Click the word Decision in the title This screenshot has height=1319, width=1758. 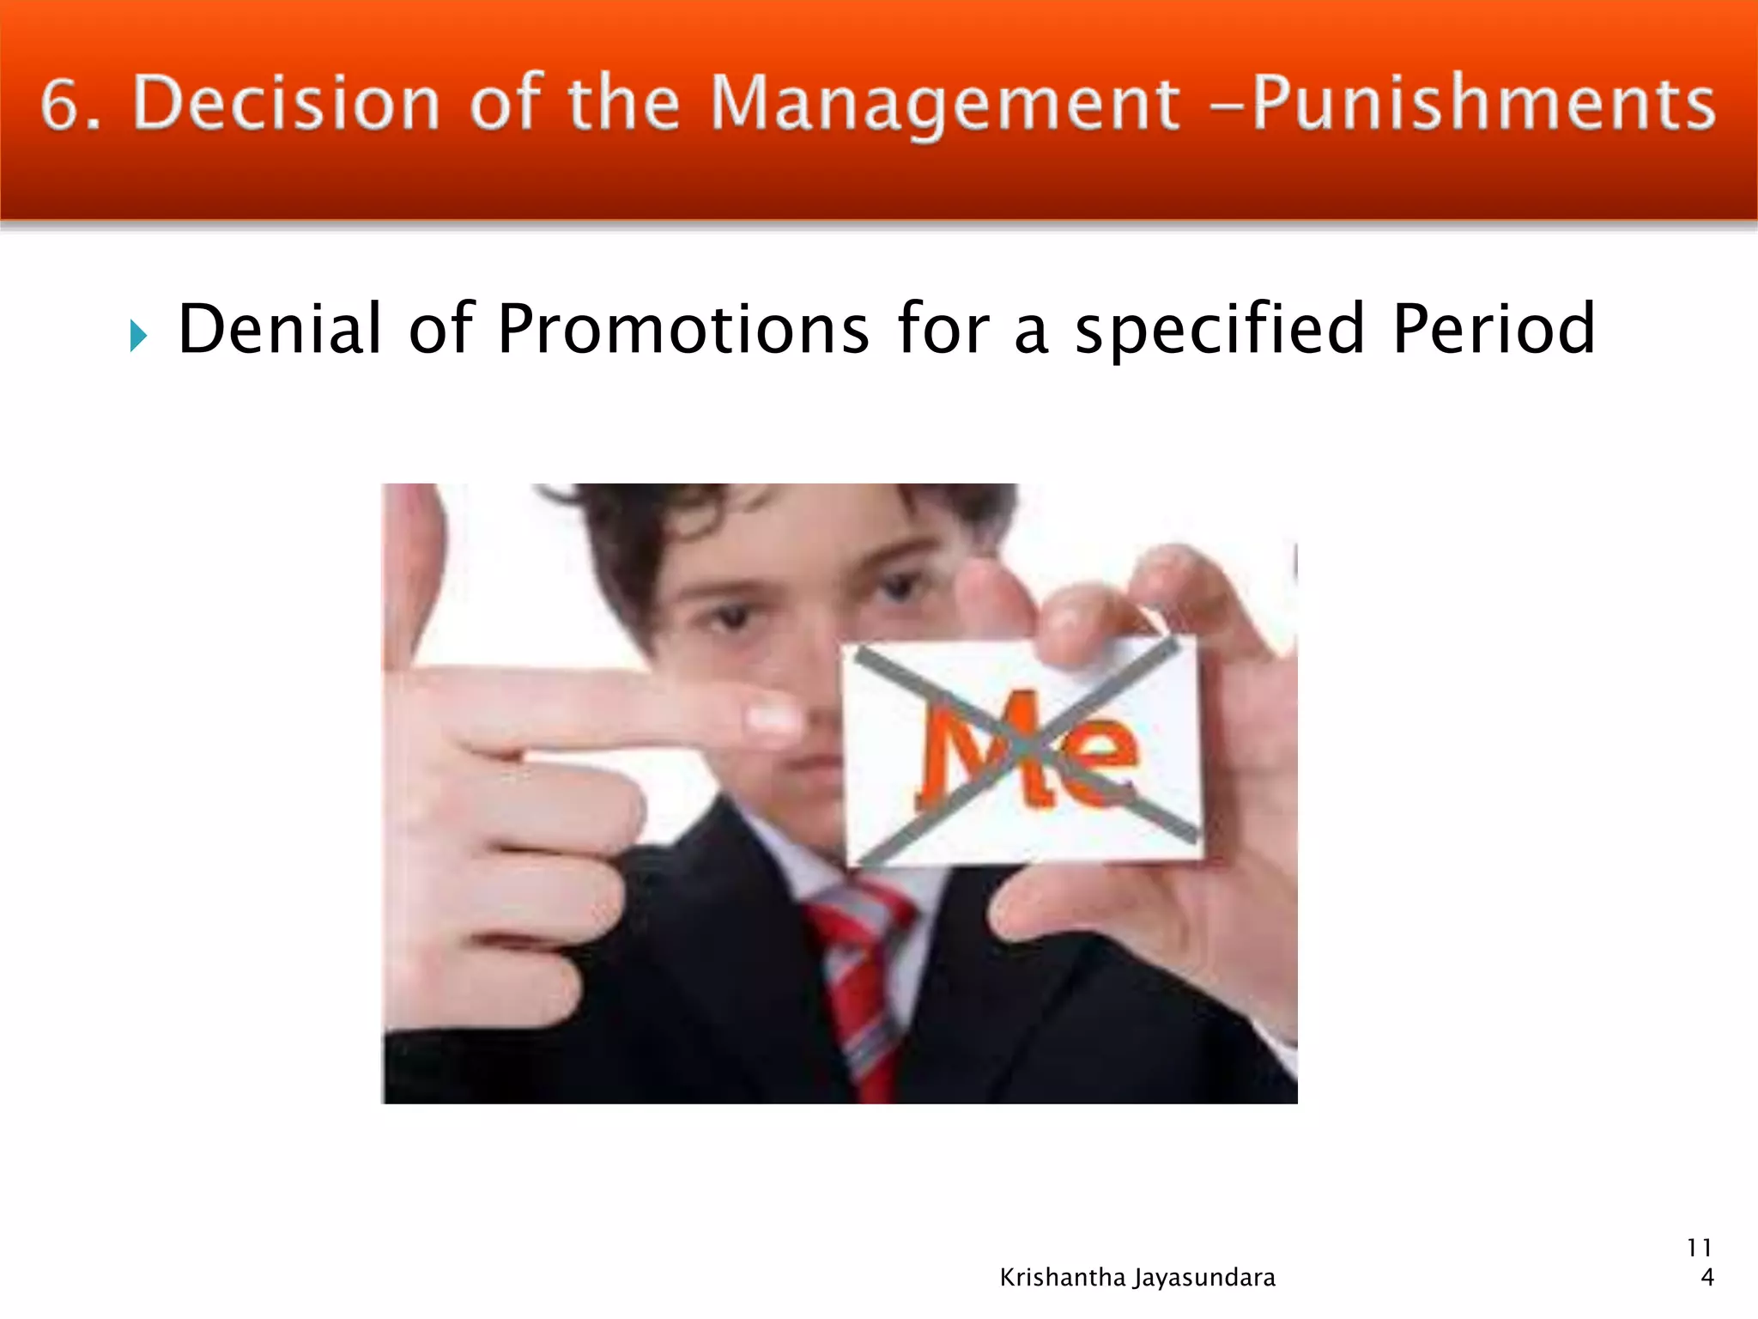287,104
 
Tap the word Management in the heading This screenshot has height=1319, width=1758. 945,104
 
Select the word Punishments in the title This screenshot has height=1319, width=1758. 1483,104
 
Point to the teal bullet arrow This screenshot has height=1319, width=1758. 138,335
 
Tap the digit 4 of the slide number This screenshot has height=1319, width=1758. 1707,1278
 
